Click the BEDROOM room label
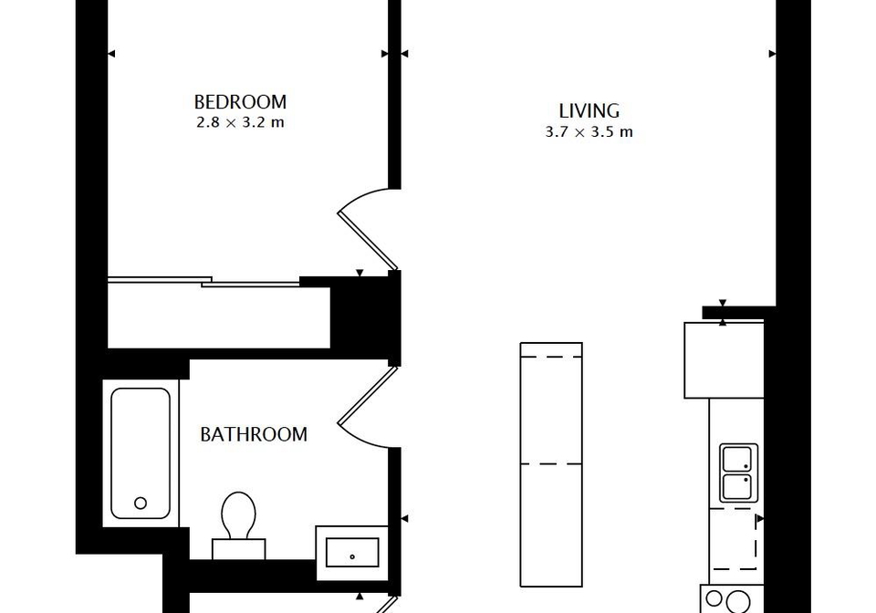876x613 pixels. (240, 101)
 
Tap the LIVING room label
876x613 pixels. (589, 110)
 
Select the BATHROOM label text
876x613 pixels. (254, 434)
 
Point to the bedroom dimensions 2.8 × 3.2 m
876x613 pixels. (240, 122)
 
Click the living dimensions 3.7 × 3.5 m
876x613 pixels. (589, 132)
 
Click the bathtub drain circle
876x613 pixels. (141, 503)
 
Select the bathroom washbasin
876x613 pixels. (352, 552)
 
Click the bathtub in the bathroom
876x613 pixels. (141, 453)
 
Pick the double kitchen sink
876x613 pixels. (738, 473)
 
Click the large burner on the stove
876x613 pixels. (738, 602)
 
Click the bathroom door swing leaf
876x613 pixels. (367, 395)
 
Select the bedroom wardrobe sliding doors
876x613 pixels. (203, 281)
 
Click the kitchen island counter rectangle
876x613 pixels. (551, 464)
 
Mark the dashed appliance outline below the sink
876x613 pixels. (734, 539)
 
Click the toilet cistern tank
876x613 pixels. (238, 549)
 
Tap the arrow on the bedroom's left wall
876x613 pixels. (111, 54)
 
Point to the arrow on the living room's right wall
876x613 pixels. (773, 54)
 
